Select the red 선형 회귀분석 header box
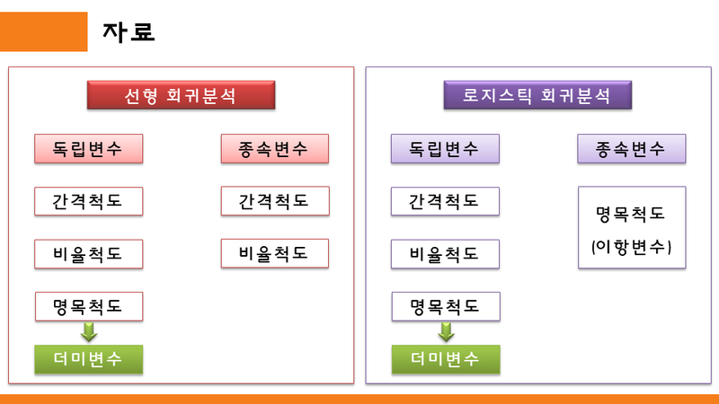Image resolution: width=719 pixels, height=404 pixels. [180, 95]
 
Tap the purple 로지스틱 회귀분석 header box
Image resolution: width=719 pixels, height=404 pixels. [537, 95]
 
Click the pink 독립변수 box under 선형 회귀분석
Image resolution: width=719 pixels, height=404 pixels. [89, 149]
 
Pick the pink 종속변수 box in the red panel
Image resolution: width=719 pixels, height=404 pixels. [274, 149]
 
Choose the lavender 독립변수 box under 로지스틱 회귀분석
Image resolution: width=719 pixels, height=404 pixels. [446, 149]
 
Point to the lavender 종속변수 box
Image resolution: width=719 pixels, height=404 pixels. [631, 149]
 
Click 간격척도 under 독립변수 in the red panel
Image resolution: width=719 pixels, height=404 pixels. [89, 201]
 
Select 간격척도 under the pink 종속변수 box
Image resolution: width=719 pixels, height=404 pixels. [274, 201]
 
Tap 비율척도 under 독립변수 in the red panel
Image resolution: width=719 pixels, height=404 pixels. [89, 254]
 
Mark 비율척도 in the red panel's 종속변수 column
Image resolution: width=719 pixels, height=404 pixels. [274, 254]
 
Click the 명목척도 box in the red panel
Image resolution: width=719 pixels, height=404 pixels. [89, 307]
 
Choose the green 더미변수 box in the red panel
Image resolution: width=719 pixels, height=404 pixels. [89, 359]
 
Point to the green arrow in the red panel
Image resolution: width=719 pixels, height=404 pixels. [89, 332]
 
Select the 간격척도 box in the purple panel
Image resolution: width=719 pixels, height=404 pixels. [446, 201]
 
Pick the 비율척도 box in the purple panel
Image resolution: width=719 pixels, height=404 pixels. [446, 254]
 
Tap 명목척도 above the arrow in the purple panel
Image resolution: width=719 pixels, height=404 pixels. [446, 307]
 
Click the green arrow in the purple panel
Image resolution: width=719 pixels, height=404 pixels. [446, 332]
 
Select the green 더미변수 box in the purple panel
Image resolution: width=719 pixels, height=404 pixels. [446, 359]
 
